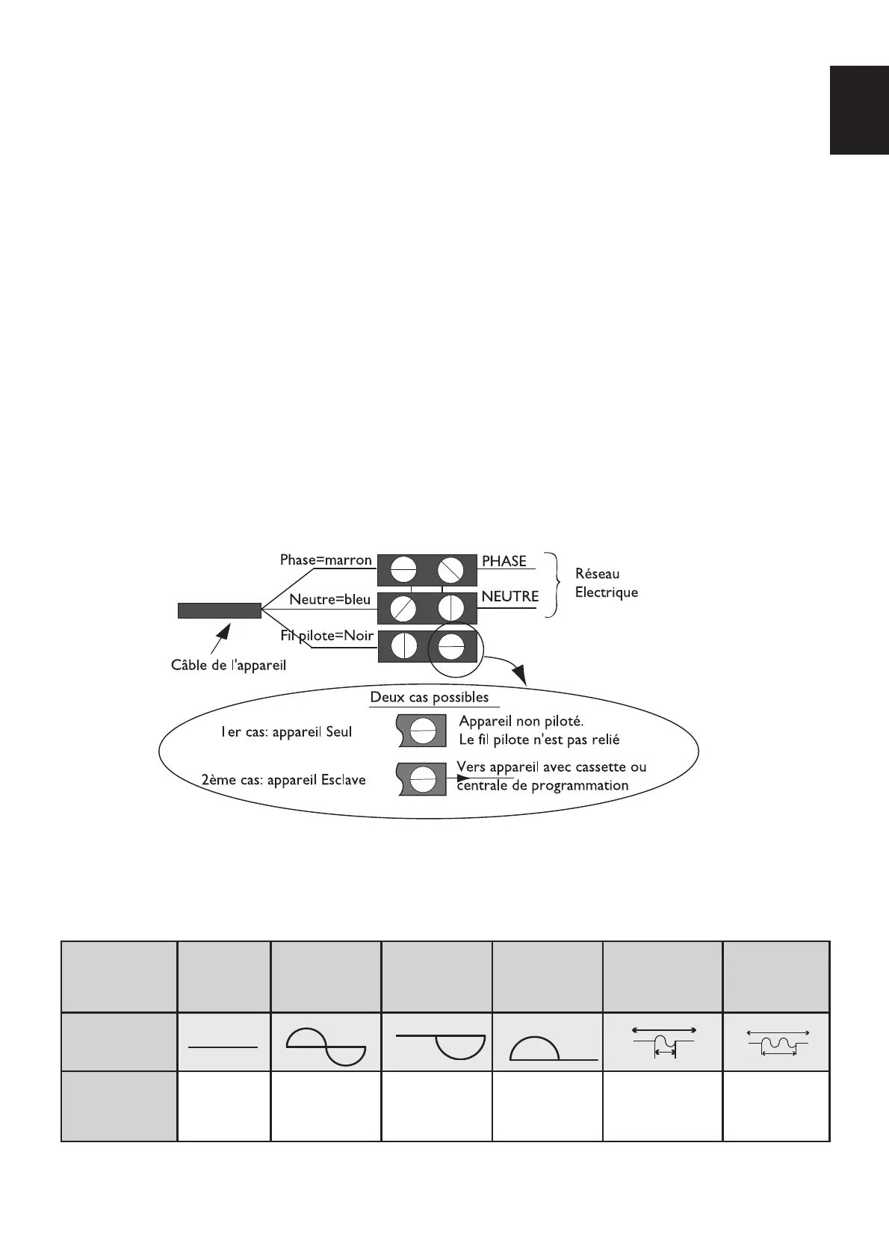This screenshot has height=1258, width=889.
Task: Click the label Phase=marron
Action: (326, 560)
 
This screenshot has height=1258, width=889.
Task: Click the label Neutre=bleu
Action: (329, 599)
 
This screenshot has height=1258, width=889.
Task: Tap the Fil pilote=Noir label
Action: (326, 636)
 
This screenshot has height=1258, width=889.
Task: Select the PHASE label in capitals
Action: (504, 561)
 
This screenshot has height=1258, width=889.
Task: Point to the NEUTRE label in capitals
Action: (510, 597)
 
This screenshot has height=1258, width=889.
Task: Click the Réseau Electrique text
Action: (606, 583)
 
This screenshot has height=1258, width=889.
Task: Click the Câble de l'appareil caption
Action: (229, 666)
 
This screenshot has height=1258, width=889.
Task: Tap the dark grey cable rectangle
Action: (219, 610)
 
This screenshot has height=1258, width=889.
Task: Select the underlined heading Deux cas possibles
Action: (430, 698)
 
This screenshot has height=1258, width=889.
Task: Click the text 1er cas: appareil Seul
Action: (286, 732)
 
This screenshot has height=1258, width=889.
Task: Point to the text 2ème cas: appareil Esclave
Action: (284, 780)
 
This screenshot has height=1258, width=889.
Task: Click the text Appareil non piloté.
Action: (521, 722)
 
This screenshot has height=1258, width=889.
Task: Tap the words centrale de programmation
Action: (543, 786)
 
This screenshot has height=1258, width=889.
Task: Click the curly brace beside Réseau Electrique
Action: (553, 585)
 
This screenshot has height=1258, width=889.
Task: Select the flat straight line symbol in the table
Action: (223, 1047)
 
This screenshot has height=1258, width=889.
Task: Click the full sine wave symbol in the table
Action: (326, 1047)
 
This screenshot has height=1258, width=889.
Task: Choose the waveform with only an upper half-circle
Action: (553, 1048)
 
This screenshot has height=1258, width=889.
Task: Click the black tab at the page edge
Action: (858, 110)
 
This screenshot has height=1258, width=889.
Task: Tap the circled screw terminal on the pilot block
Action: (451, 645)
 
